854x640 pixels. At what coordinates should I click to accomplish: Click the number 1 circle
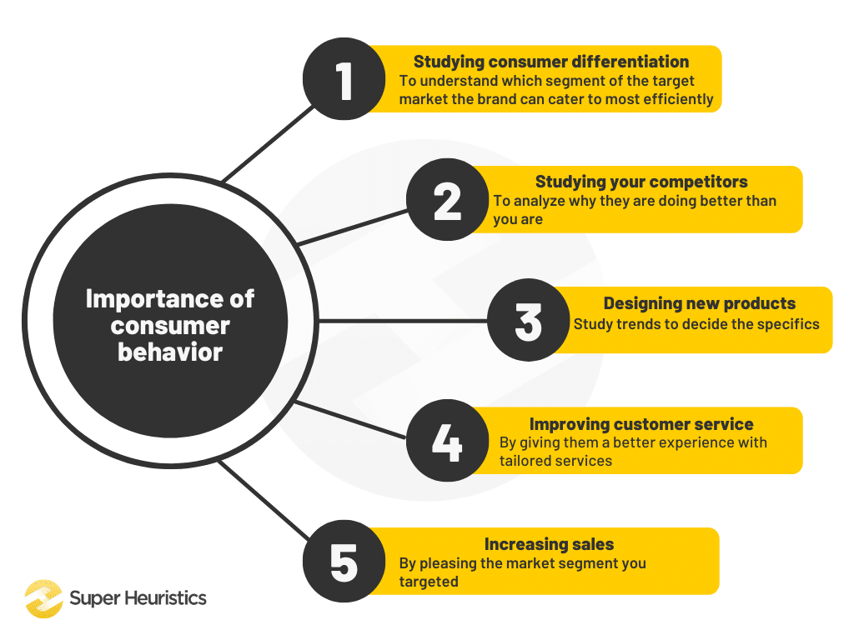(344, 81)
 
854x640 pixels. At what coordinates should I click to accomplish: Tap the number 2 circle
(447, 201)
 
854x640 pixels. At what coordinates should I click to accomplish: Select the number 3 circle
(529, 322)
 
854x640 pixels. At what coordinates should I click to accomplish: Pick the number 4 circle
(447, 442)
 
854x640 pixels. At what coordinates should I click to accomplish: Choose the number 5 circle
(344, 562)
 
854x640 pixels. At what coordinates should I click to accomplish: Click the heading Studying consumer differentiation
(551, 62)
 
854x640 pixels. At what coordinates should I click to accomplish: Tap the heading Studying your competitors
(641, 182)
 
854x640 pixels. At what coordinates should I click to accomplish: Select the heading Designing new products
(699, 303)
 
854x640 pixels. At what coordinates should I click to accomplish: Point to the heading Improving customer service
(641, 424)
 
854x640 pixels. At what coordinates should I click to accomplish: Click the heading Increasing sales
(549, 544)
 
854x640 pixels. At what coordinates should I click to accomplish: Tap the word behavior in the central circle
(170, 352)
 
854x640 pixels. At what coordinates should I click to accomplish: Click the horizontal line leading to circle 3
(400, 321)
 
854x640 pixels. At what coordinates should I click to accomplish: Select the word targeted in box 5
(428, 582)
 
